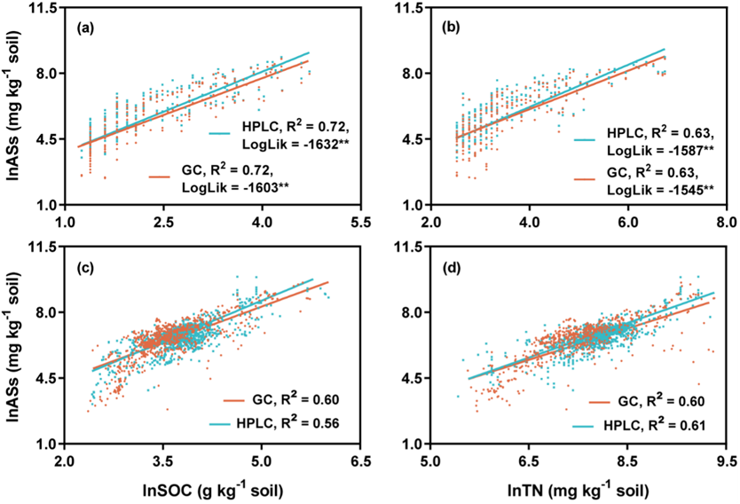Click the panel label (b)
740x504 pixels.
(x=451, y=28)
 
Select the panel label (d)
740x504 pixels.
(x=451, y=266)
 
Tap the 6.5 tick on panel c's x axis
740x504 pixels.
(x=360, y=461)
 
